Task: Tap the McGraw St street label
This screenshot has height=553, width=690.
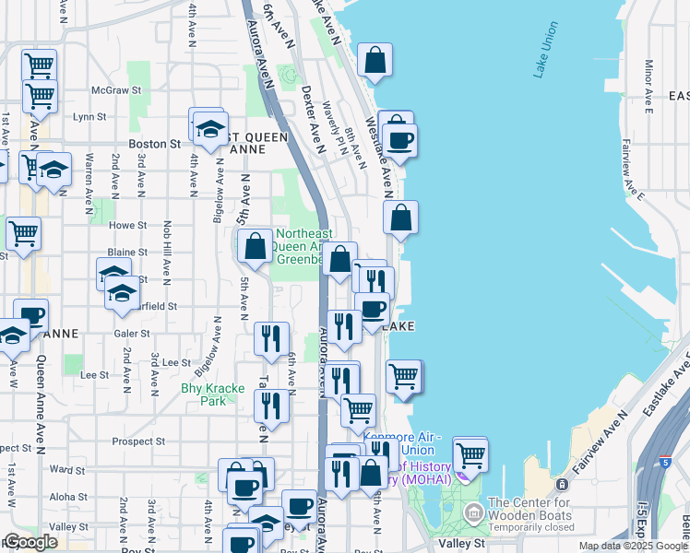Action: pyautogui.click(x=115, y=90)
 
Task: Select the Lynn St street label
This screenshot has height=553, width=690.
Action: pyautogui.click(x=90, y=117)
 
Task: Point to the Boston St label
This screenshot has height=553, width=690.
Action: pyautogui.click(x=154, y=144)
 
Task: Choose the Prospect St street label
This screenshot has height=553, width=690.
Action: pyautogui.click(x=138, y=441)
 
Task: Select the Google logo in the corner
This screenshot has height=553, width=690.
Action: pyautogui.click(x=30, y=542)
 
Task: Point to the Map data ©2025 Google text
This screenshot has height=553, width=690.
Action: pyautogui.click(x=633, y=546)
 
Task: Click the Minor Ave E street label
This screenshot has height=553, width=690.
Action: pyautogui.click(x=649, y=82)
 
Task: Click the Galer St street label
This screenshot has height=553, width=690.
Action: pyautogui.click(x=133, y=334)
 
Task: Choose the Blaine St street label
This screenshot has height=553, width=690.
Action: pyautogui.click(x=122, y=252)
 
